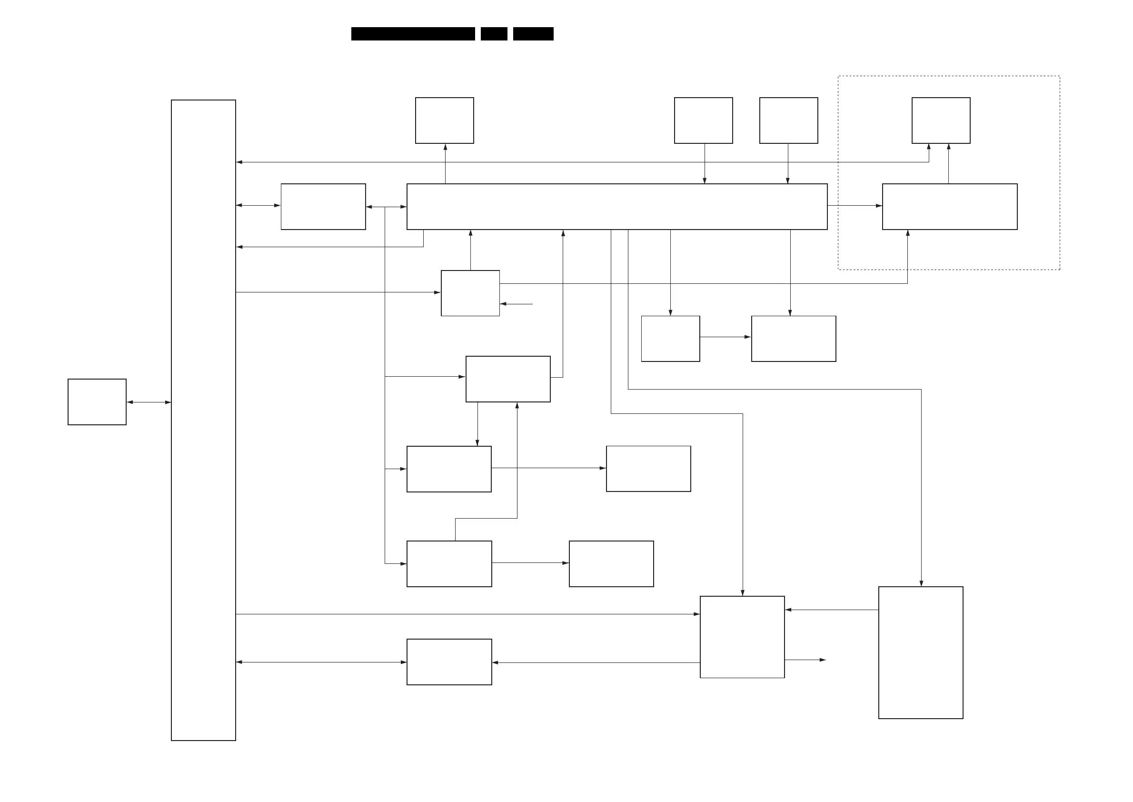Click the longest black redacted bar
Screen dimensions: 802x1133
(x=413, y=34)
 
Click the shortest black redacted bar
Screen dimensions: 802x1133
(x=494, y=34)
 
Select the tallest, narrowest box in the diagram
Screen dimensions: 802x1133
(x=203, y=420)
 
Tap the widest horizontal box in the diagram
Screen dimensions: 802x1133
(x=616, y=206)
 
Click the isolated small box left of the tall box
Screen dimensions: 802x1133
(x=97, y=401)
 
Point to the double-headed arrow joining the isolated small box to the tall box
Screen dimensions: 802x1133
(x=149, y=402)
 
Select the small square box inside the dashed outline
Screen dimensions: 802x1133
(x=941, y=120)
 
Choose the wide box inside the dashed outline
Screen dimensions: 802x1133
(x=949, y=206)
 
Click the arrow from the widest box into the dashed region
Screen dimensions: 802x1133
(x=855, y=205)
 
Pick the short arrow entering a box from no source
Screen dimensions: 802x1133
(x=517, y=304)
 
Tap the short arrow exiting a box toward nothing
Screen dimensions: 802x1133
(x=805, y=660)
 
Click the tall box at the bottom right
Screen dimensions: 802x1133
(x=920, y=652)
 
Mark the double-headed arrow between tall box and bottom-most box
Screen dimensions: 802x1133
(x=321, y=662)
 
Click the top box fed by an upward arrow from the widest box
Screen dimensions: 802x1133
(x=444, y=120)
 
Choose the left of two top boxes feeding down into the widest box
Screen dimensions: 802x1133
(x=703, y=120)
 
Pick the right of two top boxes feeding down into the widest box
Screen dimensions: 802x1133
(x=788, y=120)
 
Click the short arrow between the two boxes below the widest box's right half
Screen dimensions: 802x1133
(x=725, y=337)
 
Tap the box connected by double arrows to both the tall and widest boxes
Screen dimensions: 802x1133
(x=323, y=206)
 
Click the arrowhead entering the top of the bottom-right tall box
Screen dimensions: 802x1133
(x=921, y=583)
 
